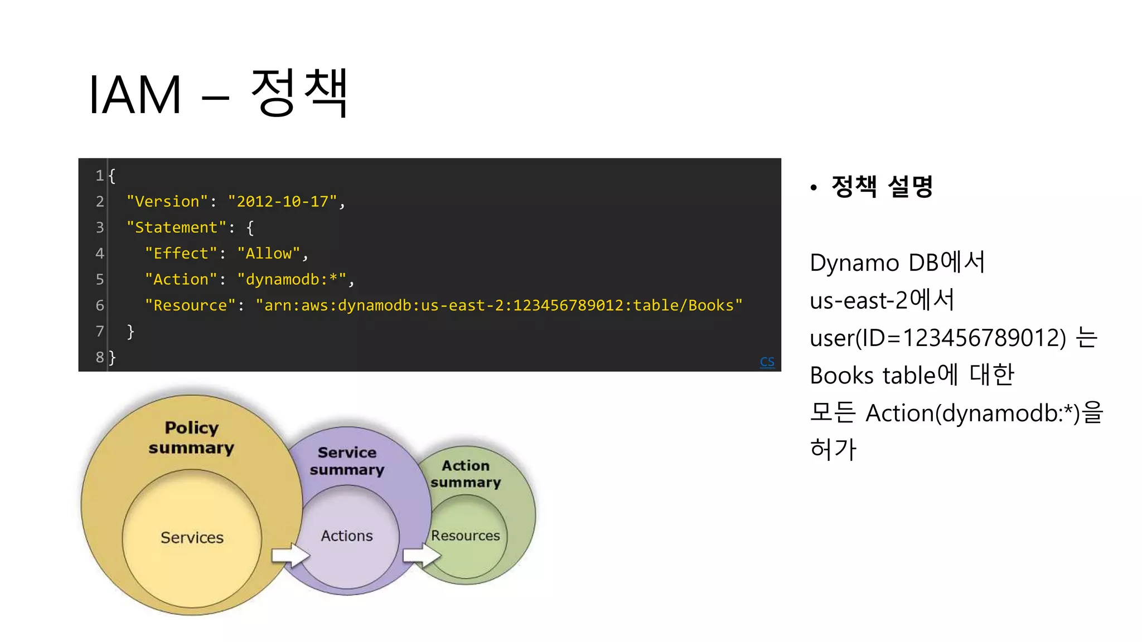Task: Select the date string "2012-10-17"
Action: pyautogui.click(x=283, y=201)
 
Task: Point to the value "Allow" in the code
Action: pyautogui.click(x=268, y=254)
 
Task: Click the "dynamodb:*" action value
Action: pyautogui.click(x=292, y=279)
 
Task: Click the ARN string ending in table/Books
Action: pyautogui.click(x=499, y=305)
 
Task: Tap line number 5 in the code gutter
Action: pyautogui.click(x=100, y=279)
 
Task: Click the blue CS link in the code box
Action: pyautogui.click(x=767, y=362)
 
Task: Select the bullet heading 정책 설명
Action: pyautogui.click(x=882, y=187)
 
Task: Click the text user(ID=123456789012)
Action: pyautogui.click(x=937, y=338)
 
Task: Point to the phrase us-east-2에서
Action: pyautogui.click(x=882, y=300)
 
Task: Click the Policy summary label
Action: pyautogui.click(x=191, y=437)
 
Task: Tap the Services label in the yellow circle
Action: pyautogui.click(x=192, y=537)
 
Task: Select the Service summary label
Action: pyautogui.click(x=347, y=461)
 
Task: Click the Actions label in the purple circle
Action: pyautogui.click(x=346, y=536)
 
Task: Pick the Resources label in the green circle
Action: pyautogui.click(x=465, y=536)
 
